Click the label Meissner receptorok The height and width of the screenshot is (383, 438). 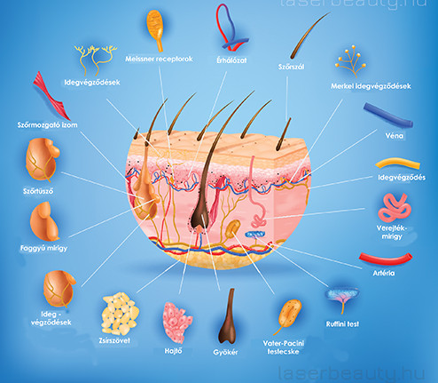159,59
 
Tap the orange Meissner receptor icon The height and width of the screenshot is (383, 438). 156,29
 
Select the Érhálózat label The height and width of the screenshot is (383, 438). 231,60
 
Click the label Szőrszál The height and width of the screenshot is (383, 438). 291,67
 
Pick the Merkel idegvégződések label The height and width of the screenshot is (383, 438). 371,86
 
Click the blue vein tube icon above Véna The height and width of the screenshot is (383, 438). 388,115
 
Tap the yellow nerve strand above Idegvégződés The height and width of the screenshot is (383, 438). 397,164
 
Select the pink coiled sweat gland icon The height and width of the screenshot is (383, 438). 395,207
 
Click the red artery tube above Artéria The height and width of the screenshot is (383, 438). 386,259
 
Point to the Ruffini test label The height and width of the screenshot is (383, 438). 342,324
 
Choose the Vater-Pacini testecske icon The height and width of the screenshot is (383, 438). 288,316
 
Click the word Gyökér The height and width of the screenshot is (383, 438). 225,353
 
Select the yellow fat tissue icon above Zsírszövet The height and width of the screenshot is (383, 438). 120,314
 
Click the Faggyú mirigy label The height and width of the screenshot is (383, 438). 43,248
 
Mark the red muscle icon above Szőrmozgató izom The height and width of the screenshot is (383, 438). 51,96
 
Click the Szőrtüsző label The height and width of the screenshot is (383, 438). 38,191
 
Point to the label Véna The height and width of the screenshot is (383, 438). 395,136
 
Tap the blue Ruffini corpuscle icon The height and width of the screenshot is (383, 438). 343,299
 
